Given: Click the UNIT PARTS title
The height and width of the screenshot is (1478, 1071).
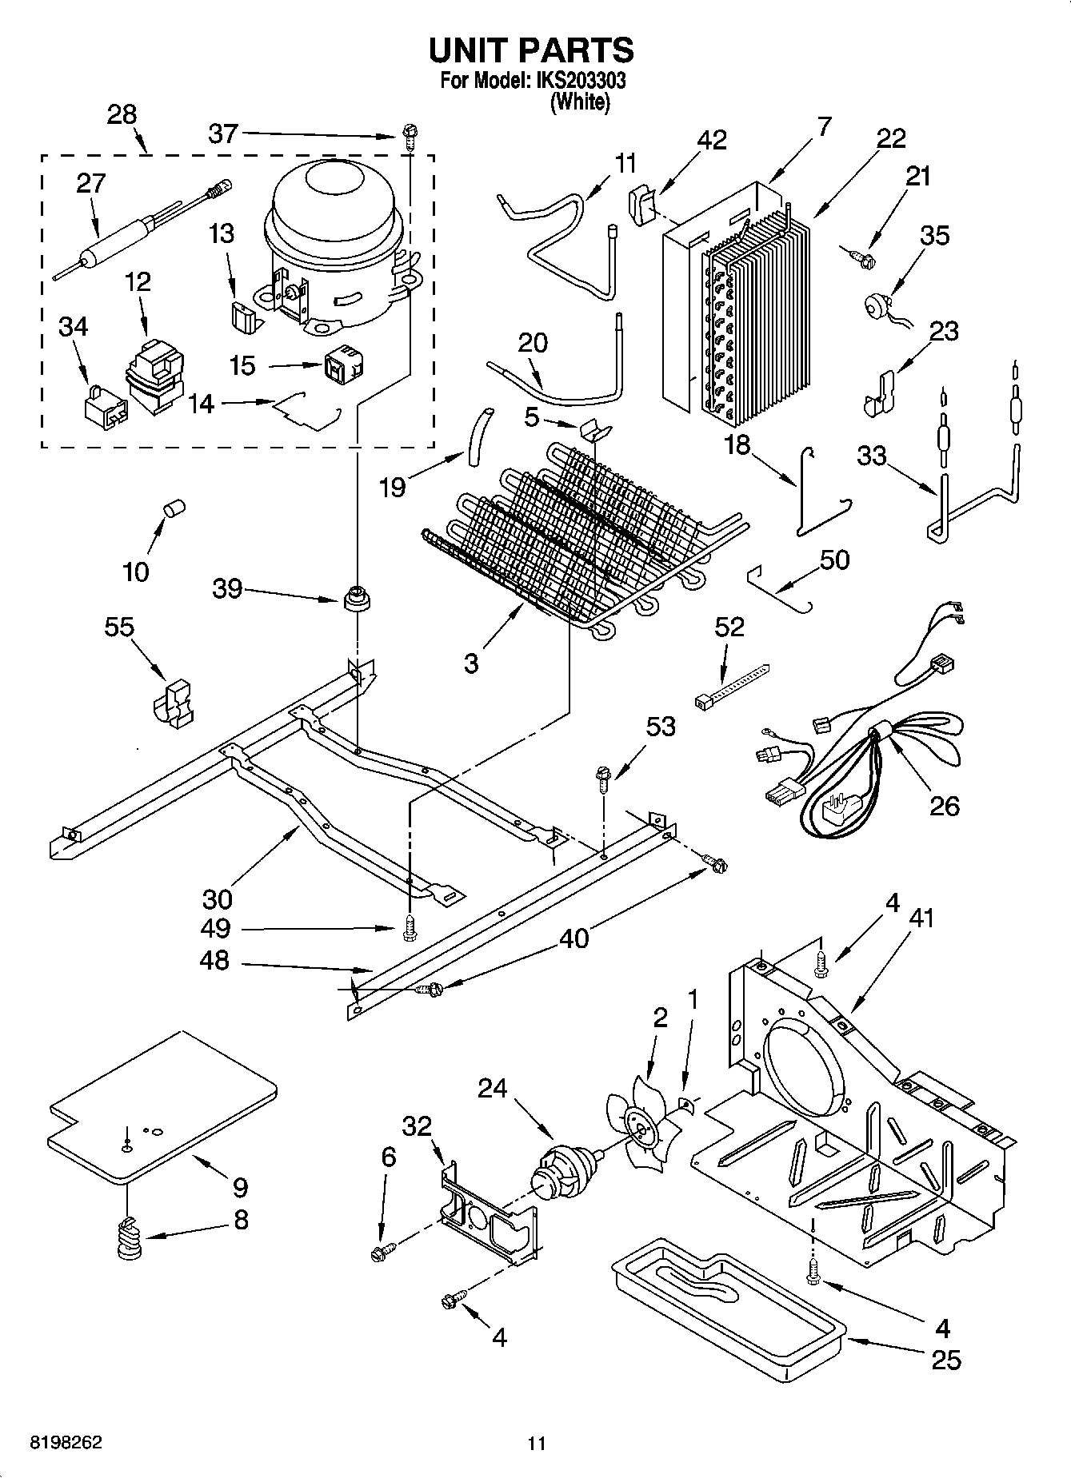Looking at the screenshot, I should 532,50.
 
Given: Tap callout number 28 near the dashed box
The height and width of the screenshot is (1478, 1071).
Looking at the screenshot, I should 122,114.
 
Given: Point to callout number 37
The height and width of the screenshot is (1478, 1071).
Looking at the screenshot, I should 223,133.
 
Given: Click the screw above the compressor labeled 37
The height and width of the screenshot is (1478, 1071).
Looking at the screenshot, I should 410,137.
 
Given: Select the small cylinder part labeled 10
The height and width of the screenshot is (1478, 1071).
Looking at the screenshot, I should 174,508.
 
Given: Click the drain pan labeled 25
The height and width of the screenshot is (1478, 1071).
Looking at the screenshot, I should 728,1303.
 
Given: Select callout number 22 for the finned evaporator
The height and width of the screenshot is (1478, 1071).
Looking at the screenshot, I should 890,138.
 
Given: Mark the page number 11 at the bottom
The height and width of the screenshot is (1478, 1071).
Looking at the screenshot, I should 536,1444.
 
